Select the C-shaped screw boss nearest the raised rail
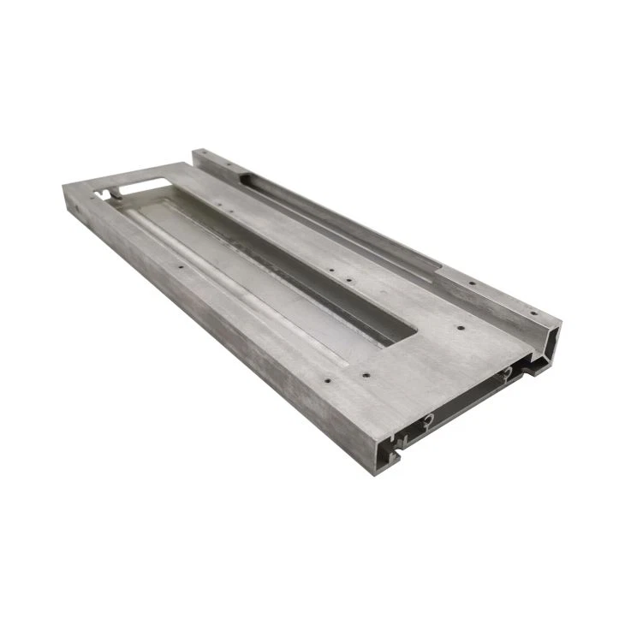coord(507,372)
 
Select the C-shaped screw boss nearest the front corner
coord(427,419)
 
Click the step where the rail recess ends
coord(438,271)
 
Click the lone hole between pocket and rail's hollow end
coord(461,327)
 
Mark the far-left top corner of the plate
coord(65,187)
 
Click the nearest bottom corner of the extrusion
coord(373,473)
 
